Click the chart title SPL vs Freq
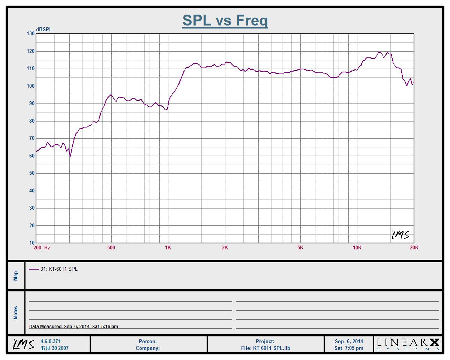(225, 20)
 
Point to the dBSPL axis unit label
(44, 29)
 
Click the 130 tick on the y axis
(30, 34)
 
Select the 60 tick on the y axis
(31, 156)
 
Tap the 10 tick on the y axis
(31, 243)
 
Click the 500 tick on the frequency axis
(111, 247)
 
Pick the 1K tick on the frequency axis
(168, 247)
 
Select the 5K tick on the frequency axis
(300, 247)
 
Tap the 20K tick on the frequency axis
(414, 247)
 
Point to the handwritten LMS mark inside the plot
(400, 235)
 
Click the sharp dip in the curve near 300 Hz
(70, 156)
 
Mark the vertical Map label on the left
(16, 276)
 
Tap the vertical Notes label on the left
(16, 313)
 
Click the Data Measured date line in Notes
(73, 327)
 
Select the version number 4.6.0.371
(50, 342)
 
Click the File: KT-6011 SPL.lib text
(265, 348)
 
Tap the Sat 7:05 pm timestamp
(349, 348)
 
